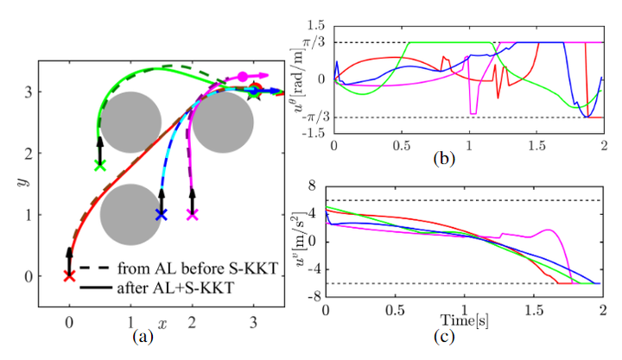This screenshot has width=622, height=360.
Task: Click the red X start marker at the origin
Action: tap(69, 275)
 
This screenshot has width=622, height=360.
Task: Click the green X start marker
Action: tap(99, 164)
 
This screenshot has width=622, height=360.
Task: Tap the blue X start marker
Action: tap(161, 213)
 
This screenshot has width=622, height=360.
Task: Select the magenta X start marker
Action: tap(192, 213)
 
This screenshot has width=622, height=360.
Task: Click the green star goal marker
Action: tap(253, 92)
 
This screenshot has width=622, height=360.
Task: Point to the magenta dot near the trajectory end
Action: tap(244, 77)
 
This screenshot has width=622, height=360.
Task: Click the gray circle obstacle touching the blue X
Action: tap(130, 213)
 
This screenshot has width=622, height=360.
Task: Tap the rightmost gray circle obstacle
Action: tap(223, 123)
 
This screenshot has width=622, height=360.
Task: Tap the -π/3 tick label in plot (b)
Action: tap(316, 117)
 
